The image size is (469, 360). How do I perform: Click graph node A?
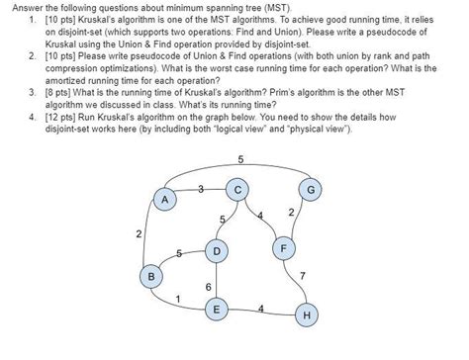click(165, 200)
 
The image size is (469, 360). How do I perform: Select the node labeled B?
click(151, 275)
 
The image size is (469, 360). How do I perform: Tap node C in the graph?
click(237, 189)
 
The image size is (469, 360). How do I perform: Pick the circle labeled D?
click(217, 253)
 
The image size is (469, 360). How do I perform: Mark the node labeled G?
click(312, 189)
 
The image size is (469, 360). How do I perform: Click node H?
click(307, 315)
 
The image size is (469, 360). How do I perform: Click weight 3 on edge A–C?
click(201, 188)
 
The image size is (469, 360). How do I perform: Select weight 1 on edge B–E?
click(178, 298)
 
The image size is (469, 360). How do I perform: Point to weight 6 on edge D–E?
click(208, 286)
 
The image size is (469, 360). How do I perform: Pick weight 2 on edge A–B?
click(140, 232)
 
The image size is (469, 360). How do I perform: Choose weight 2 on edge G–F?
click(291, 213)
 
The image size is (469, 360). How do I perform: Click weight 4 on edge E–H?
click(260, 310)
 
